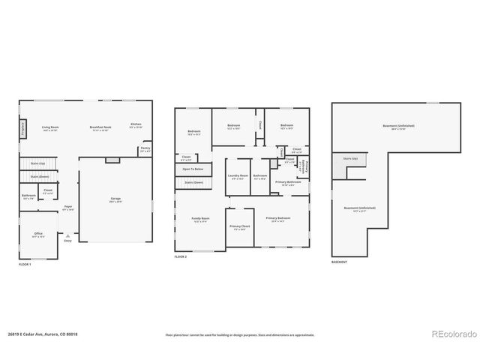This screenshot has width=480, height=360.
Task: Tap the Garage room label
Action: click(x=115, y=199)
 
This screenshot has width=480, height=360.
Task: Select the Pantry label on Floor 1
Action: click(x=145, y=148)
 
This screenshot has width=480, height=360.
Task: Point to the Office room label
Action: click(x=38, y=234)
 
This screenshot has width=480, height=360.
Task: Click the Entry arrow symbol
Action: click(x=67, y=235)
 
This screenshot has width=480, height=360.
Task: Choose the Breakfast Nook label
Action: click(x=100, y=127)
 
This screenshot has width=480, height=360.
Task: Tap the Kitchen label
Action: click(x=136, y=124)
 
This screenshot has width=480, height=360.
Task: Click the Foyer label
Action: click(x=67, y=206)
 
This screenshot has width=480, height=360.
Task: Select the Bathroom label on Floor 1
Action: click(x=28, y=196)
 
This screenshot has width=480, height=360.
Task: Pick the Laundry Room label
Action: click(x=238, y=176)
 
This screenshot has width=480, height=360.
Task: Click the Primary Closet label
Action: click(x=240, y=226)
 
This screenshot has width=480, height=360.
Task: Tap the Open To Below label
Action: click(x=193, y=169)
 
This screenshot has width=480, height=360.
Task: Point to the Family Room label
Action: click(x=201, y=218)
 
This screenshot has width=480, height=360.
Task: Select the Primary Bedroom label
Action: click(x=282, y=218)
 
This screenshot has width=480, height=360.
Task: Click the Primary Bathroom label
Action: click(x=287, y=182)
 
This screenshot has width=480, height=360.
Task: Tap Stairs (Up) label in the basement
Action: click(x=350, y=159)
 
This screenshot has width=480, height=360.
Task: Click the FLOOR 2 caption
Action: click(x=181, y=256)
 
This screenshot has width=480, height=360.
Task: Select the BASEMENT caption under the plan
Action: click(x=340, y=261)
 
